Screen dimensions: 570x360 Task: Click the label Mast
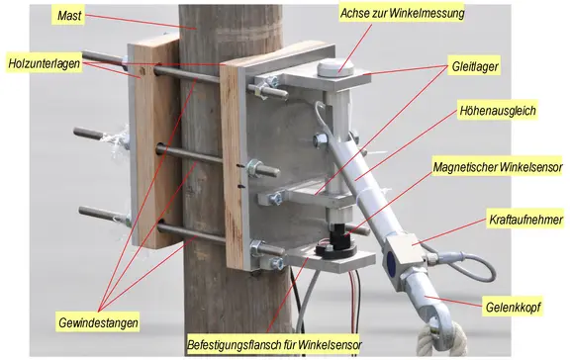pyautogui.click(x=69, y=16)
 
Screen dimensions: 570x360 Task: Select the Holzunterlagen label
pyautogui.click(x=44, y=63)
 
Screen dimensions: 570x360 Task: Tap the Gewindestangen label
pyautogui.click(x=98, y=322)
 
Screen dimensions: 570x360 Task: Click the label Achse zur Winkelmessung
pyautogui.click(x=402, y=13)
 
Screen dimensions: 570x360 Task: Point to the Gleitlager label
pyautogui.click(x=475, y=66)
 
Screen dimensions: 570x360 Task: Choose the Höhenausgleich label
pyautogui.click(x=498, y=110)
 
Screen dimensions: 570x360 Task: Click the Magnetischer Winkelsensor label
pyautogui.click(x=498, y=167)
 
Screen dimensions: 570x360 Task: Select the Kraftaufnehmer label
pyautogui.click(x=525, y=220)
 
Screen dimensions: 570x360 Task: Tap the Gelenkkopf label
pyautogui.click(x=513, y=308)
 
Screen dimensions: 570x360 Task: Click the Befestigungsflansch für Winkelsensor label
pyautogui.click(x=274, y=344)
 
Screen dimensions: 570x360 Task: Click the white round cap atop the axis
pyautogui.click(x=335, y=68)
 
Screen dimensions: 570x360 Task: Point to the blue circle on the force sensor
pyautogui.click(x=392, y=262)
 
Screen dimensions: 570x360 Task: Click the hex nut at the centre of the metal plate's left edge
pyautogui.click(x=254, y=168)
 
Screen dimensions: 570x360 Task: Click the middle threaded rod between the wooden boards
pyautogui.click(x=190, y=154)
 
